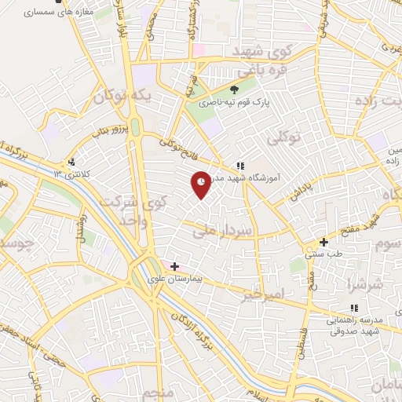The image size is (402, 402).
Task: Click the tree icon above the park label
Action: [x=233, y=90]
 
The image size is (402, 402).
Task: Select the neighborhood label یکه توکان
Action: [x=120, y=96]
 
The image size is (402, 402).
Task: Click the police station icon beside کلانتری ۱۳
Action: [x=71, y=163]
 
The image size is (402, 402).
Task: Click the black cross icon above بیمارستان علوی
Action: [x=174, y=267]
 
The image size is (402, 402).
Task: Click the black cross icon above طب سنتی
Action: [x=323, y=242]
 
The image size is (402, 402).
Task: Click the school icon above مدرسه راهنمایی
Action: [x=353, y=308]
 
